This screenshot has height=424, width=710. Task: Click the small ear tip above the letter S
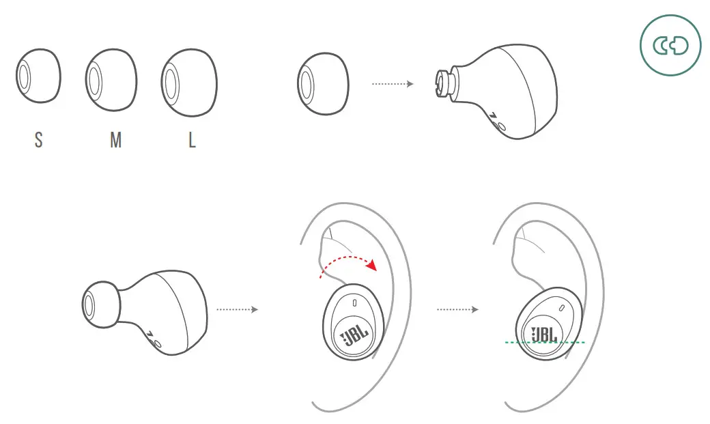[x=38, y=76]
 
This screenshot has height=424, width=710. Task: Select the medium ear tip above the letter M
[x=111, y=79]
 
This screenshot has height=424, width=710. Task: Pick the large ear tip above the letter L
[x=189, y=81]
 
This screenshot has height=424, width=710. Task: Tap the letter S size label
[x=38, y=141]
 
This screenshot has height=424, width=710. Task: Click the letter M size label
[x=115, y=141]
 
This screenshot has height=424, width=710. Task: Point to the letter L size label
[x=192, y=141]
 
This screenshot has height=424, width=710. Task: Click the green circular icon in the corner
[x=670, y=46]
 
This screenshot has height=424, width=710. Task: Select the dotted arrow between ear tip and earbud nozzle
[x=393, y=84]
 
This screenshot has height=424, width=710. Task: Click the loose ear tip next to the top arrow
[x=322, y=83]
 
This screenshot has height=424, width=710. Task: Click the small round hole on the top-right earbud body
[x=502, y=126]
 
